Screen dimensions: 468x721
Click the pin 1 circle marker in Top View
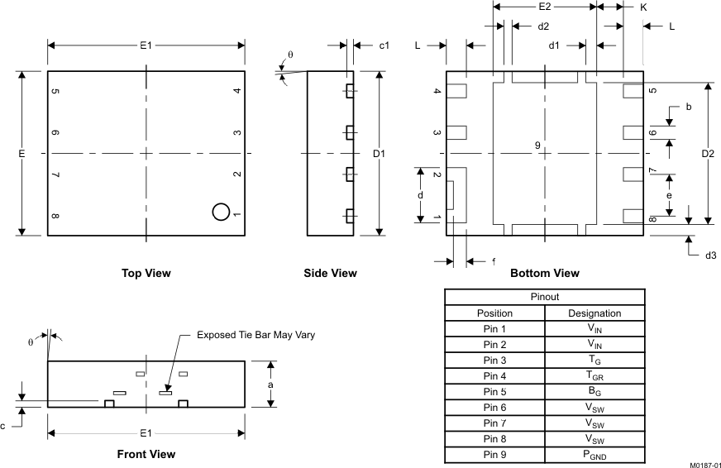[x=221, y=212]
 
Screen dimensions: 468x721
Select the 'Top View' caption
[x=146, y=273]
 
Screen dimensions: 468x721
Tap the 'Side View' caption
[x=331, y=273]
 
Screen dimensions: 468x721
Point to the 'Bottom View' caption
[x=544, y=273]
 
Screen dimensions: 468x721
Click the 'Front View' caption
[x=146, y=454]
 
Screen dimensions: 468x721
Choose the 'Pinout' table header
[x=544, y=297]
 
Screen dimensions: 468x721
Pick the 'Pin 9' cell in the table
[x=494, y=455]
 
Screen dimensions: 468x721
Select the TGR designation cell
[x=594, y=376]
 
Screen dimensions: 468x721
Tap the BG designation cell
[x=594, y=392]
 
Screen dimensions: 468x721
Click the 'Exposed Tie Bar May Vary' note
[x=256, y=335]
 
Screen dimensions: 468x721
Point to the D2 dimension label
[x=708, y=154]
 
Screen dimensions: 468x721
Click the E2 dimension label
[x=544, y=7]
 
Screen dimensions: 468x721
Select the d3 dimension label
[x=709, y=255]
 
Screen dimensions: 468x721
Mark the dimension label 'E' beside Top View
[x=21, y=154]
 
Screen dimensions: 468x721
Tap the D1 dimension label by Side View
[x=379, y=154]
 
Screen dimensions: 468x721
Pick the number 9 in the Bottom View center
[x=537, y=146]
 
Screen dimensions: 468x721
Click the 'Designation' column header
[x=594, y=313]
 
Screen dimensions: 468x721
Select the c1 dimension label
[x=384, y=45]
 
